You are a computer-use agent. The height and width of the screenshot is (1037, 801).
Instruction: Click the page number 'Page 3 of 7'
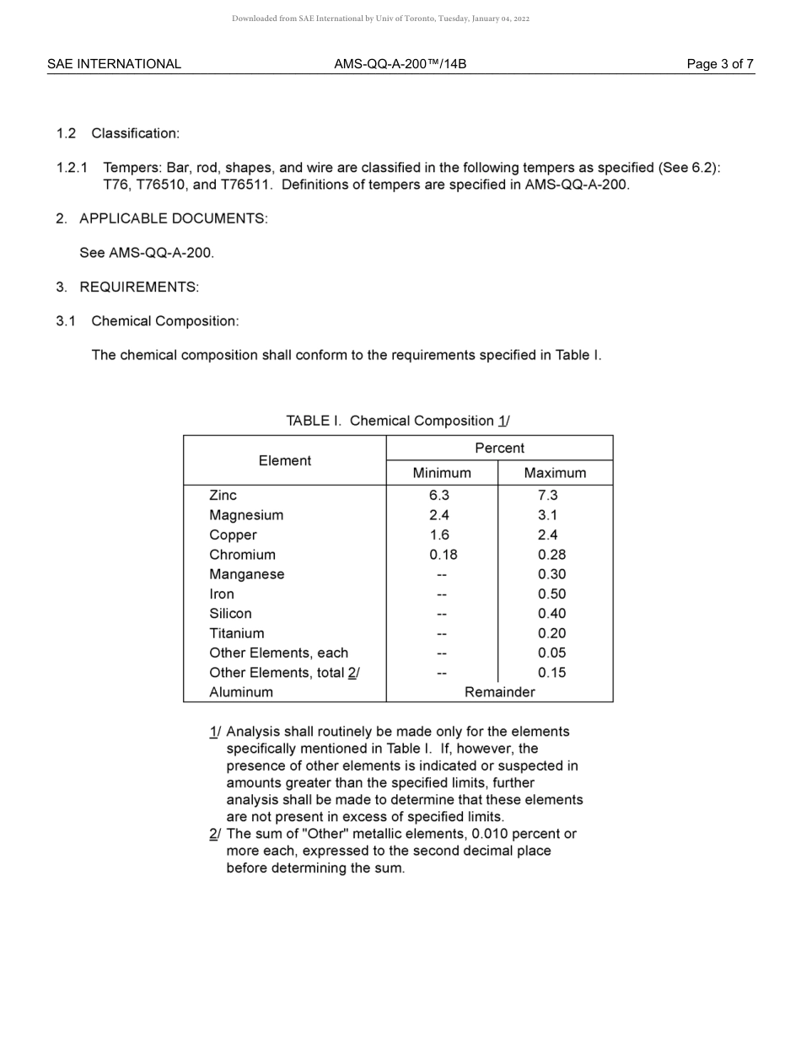[x=720, y=64]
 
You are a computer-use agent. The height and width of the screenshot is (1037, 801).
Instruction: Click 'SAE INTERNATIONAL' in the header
[x=114, y=64]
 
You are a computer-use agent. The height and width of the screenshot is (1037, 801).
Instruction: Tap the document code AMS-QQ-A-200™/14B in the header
[x=400, y=64]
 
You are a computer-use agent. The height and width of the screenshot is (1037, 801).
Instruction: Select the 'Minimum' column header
[x=442, y=473]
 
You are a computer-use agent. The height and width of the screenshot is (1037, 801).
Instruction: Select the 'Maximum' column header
[x=555, y=473]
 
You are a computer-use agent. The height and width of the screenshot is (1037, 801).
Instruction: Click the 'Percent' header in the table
[x=499, y=449]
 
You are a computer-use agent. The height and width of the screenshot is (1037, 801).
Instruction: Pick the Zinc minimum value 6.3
[x=439, y=496]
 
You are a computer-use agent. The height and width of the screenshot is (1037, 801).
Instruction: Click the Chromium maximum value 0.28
[x=551, y=555]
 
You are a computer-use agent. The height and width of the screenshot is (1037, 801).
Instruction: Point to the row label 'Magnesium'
[x=246, y=515]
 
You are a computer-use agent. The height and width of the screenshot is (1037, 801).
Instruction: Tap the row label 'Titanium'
[x=236, y=633]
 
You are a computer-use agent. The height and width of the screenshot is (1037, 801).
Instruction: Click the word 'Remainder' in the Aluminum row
[x=499, y=692]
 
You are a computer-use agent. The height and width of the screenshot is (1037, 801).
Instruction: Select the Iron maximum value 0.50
[x=551, y=594]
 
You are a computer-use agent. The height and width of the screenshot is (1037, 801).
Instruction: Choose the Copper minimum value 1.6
[x=439, y=535]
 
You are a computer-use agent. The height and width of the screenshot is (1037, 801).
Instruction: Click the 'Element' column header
[x=284, y=460]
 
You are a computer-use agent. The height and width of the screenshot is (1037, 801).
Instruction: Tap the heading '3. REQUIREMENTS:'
[x=127, y=287]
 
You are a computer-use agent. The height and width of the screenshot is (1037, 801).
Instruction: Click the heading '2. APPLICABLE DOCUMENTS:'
[x=162, y=218]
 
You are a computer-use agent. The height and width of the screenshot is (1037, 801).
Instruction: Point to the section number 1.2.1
[x=72, y=168]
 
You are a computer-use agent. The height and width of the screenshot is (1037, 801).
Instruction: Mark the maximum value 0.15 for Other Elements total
[x=551, y=673]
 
